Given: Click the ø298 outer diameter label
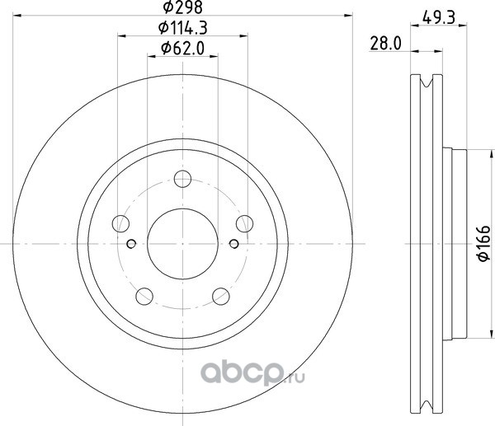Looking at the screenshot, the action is pos(182,7).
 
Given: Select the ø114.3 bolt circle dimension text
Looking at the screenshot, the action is pos(182,28).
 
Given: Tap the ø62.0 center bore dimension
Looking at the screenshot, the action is pos(182,49).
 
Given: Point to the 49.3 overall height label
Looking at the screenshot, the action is pos(439,17).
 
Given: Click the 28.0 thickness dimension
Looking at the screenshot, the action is pos(385,44).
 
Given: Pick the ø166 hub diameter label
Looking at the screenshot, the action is pos(483,243).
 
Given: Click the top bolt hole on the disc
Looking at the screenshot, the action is pos(182,179).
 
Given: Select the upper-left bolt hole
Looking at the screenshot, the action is pos(120,223).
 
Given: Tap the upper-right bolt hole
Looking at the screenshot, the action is pos(245,223).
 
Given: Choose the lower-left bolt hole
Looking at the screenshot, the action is pos(144,296).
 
